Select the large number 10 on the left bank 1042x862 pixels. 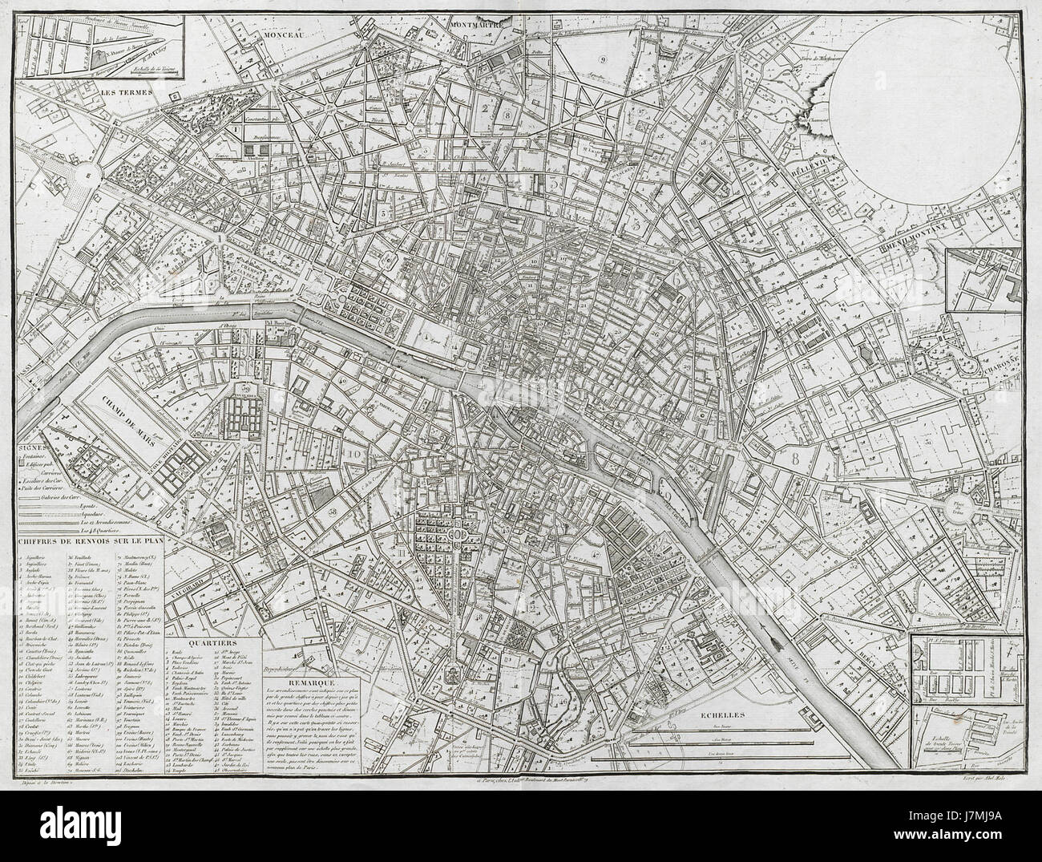350,455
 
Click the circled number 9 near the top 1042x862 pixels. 602,59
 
